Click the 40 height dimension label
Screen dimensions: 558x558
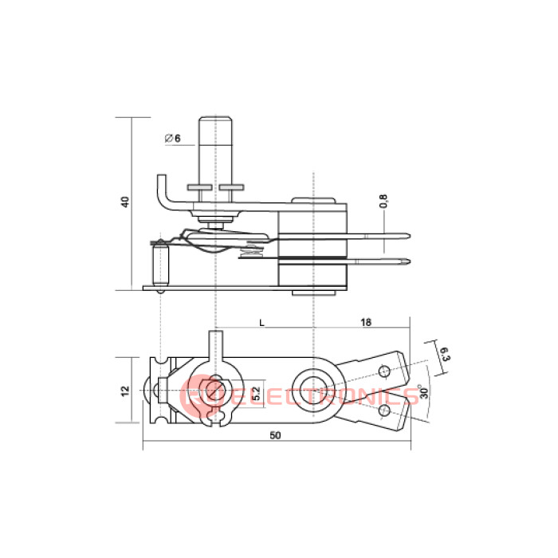125,202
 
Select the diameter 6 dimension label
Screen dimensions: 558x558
173,138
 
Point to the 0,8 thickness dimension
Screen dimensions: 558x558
383,201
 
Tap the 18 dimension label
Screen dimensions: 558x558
366,322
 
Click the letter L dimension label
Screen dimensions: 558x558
262,323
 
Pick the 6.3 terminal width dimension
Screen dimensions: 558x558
445,354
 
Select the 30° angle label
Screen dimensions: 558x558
424,391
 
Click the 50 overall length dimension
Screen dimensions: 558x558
275,435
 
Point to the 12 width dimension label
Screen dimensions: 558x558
125,391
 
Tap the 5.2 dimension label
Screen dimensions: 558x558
256,393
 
